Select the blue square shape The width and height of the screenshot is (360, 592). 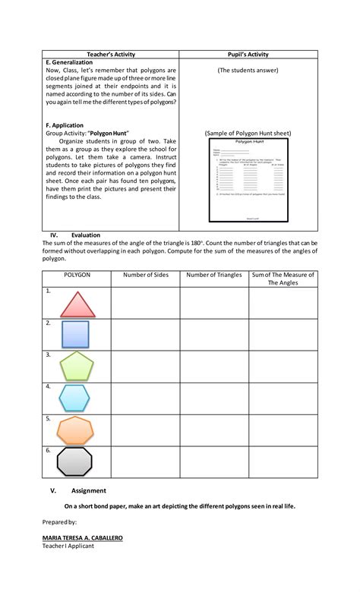click(x=74, y=335)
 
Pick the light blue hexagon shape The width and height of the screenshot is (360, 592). click(x=74, y=398)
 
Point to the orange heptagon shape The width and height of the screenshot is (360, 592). click(x=75, y=430)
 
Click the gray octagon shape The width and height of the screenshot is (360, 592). click(x=74, y=461)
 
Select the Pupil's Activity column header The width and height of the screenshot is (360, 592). click(x=248, y=55)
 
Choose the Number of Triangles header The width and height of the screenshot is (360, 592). click(x=213, y=275)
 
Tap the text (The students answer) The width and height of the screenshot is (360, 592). click(x=248, y=71)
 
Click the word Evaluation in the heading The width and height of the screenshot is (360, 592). click(x=86, y=235)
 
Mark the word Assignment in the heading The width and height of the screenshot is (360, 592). click(x=89, y=490)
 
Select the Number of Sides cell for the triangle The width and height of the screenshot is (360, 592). click(x=144, y=303)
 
